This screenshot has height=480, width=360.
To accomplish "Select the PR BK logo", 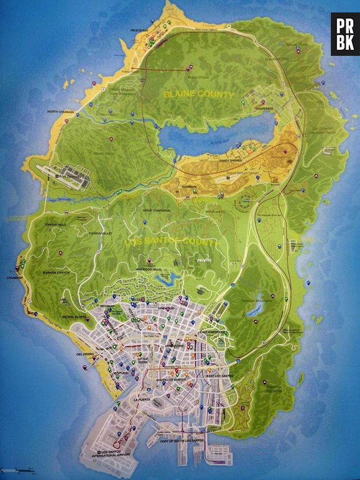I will click(344, 34).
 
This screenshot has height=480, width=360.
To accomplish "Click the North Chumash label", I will click(61, 112).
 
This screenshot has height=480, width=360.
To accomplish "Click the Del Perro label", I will click(84, 354).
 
